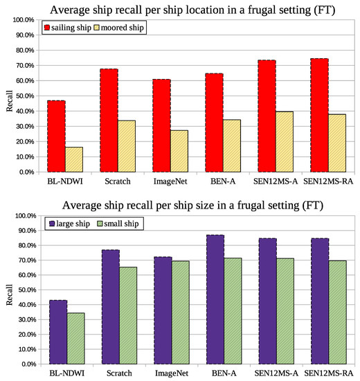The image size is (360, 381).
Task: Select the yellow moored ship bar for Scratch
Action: pos(126,146)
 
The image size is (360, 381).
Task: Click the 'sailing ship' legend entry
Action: pos(76,28)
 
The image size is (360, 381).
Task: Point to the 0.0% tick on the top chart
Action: pos(24,172)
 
